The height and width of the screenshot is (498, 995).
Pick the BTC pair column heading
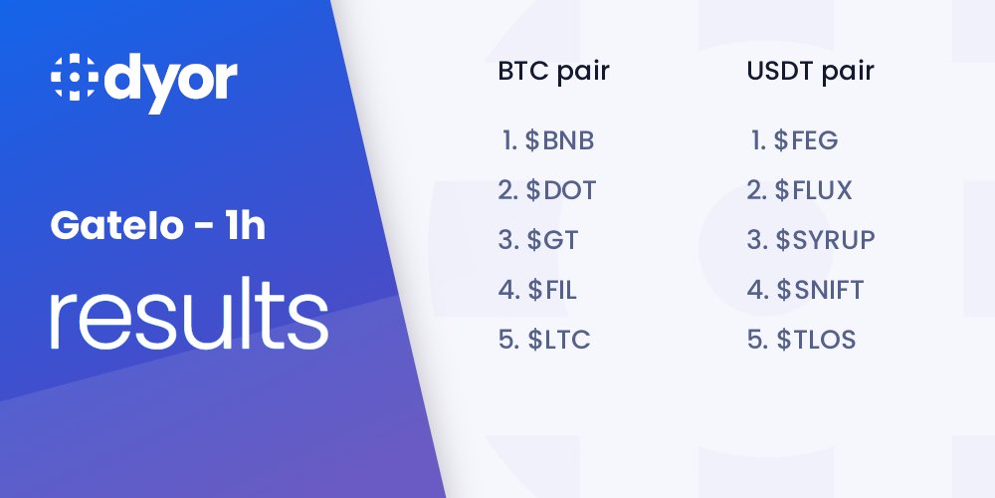[553, 72]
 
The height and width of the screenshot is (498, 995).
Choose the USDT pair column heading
[810, 72]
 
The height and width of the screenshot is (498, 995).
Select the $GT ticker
[552, 240]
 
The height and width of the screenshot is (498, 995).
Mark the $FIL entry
[552, 290]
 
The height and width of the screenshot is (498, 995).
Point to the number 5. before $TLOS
[758, 340]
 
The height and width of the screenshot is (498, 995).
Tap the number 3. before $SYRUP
[758, 240]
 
